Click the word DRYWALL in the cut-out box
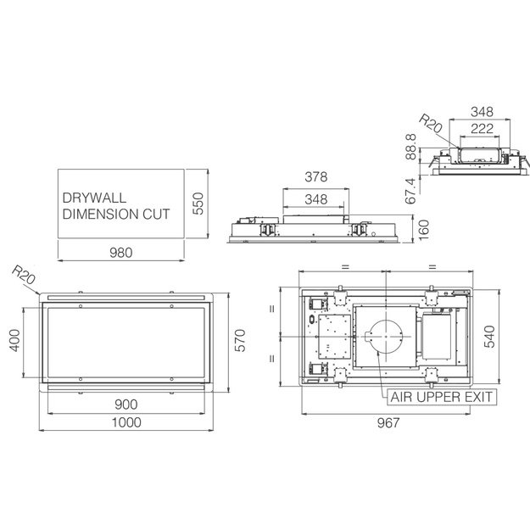(x=94, y=198)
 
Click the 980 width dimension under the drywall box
(x=121, y=253)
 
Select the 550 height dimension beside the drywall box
(x=198, y=204)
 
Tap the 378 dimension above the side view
(x=316, y=176)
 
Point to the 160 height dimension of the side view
(x=423, y=230)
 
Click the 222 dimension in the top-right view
(x=482, y=128)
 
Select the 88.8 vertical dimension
(x=411, y=147)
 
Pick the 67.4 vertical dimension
(x=410, y=191)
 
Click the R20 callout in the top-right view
(x=430, y=123)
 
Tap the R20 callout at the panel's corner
(x=24, y=275)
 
